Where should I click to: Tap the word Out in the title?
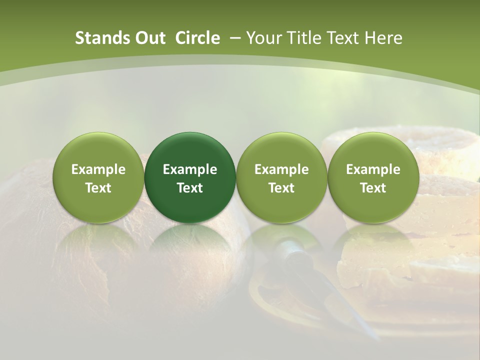pos(149,38)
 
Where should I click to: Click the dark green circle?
pos(190,150)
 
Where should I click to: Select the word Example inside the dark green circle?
pos(190,169)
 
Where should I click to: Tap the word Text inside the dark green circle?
pos(190,188)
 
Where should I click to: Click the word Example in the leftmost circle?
pos(98,169)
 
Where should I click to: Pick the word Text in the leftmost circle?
pos(98,188)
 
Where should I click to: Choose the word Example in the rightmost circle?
pos(373,169)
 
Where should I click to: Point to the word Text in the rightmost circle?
pos(373,188)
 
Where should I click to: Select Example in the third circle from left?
pos(281,169)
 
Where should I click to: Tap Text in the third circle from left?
pos(281,188)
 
